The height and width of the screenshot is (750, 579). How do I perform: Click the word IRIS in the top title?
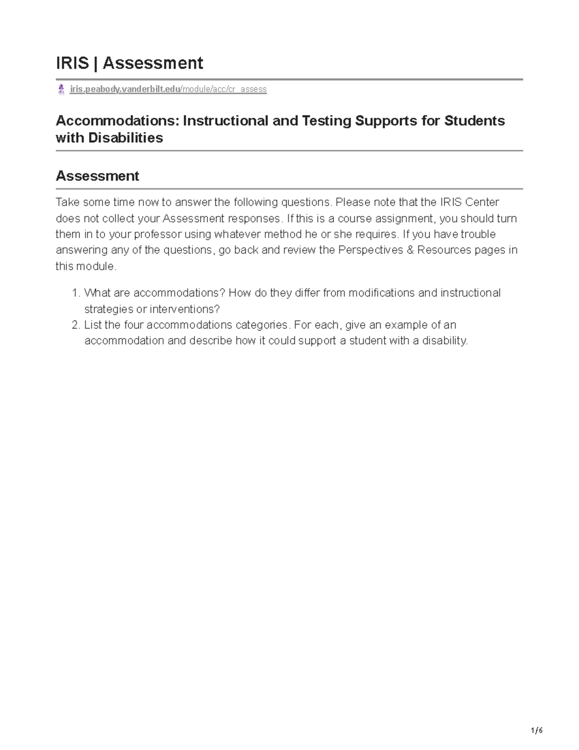coord(72,63)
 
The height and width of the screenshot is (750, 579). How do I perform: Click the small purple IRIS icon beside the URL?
coord(61,89)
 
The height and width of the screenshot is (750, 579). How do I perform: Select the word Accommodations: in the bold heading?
coord(118,120)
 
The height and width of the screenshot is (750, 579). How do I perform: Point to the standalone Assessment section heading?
coord(97,176)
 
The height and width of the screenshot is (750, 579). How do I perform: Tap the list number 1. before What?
coord(75,293)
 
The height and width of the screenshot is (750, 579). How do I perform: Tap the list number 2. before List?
coord(75,325)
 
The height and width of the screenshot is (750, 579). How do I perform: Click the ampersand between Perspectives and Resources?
coord(410,250)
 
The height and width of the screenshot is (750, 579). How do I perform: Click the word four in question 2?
coord(134,325)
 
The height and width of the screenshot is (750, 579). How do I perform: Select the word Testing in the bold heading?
coord(327,120)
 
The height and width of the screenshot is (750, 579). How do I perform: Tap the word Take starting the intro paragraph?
coord(67,202)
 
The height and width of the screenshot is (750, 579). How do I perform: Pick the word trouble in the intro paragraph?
coord(478,235)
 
